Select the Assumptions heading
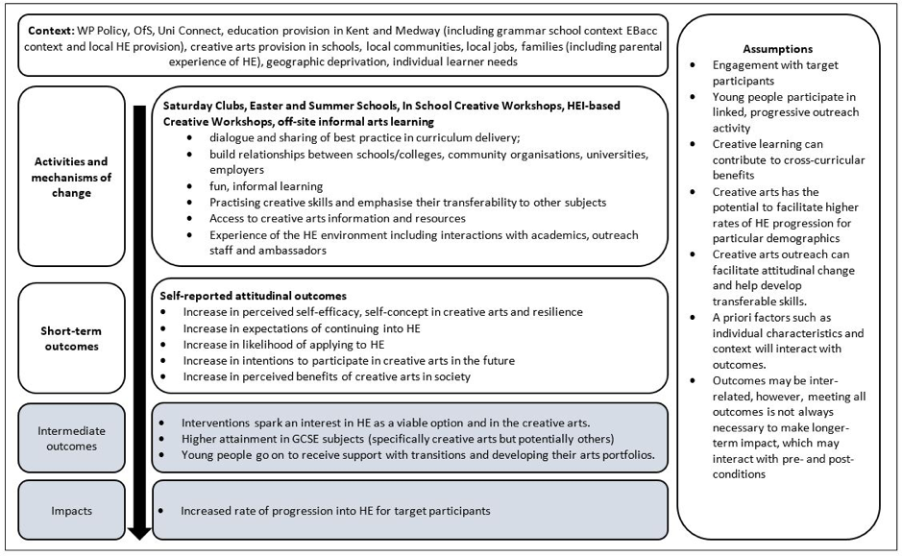pos(778,48)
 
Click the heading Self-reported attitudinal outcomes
pos(253,297)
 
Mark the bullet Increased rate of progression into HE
pos(335,510)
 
